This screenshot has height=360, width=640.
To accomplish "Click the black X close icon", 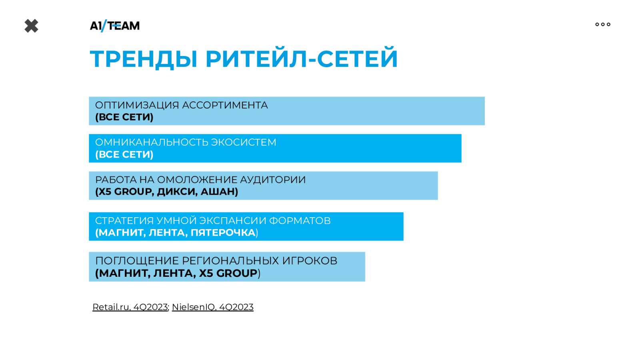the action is (x=32, y=26).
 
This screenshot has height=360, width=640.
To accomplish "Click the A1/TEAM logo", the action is (x=114, y=26).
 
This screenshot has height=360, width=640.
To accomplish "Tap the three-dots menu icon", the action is (x=603, y=24).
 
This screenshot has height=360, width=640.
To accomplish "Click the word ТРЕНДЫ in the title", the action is (x=144, y=59).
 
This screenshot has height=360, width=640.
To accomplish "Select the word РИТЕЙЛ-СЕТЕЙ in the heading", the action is (x=302, y=58).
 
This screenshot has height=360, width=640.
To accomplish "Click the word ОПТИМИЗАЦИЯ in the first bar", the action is (x=136, y=105).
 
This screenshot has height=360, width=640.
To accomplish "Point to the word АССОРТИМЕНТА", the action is (x=225, y=105).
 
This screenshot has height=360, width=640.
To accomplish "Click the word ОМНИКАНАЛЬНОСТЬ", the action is (x=151, y=142).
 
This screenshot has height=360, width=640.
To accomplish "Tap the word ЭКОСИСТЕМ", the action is (x=244, y=142).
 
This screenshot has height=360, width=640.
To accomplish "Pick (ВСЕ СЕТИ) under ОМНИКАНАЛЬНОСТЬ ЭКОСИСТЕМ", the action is (x=124, y=154).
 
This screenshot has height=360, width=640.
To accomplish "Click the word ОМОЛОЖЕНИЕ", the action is (x=197, y=180).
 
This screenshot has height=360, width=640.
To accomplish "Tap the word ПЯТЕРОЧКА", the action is (x=223, y=233).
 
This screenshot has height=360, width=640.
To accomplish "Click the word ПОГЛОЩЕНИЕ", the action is (x=137, y=261).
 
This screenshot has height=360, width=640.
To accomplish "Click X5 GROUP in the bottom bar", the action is (x=228, y=274).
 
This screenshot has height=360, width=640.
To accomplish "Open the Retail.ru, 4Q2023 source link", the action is (x=130, y=307).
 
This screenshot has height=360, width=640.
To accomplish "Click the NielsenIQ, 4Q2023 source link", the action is (x=212, y=307).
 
